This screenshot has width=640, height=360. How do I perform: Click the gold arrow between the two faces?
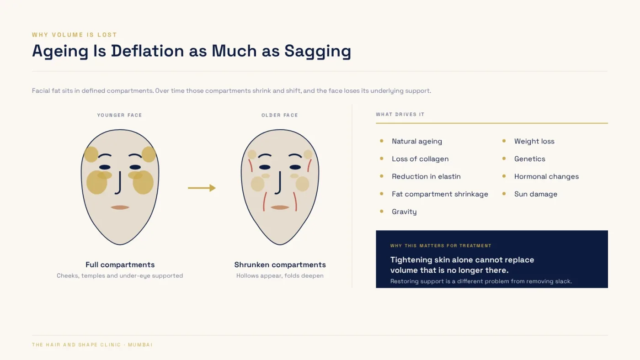(x=202, y=188)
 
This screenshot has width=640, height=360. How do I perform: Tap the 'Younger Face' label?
(x=119, y=115)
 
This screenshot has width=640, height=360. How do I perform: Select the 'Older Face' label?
(x=280, y=115)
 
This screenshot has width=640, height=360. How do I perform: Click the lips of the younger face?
(x=120, y=207)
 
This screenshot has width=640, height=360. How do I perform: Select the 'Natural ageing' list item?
(x=417, y=141)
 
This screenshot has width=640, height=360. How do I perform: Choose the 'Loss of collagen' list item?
(x=420, y=159)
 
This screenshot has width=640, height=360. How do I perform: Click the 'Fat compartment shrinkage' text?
(x=440, y=194)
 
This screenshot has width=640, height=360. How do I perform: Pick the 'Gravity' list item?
(x=404, y=212)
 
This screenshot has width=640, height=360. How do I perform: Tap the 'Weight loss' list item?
(x=534, y=141)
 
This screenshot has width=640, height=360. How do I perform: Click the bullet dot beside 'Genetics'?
(x=504, y=159)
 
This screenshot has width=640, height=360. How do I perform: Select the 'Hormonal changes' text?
(x=547, y=176)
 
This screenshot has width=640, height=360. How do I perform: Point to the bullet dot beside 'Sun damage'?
(x=504, y=194)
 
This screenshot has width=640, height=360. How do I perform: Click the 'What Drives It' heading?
(x=400, y=114)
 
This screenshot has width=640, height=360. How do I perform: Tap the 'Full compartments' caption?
(x=120, y=265)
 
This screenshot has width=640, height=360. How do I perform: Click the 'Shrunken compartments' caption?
(x=280, y=265)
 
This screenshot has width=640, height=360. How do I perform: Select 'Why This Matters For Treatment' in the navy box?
(x=441, y=245)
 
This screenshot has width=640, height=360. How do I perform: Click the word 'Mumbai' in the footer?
(x=140, y=344)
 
